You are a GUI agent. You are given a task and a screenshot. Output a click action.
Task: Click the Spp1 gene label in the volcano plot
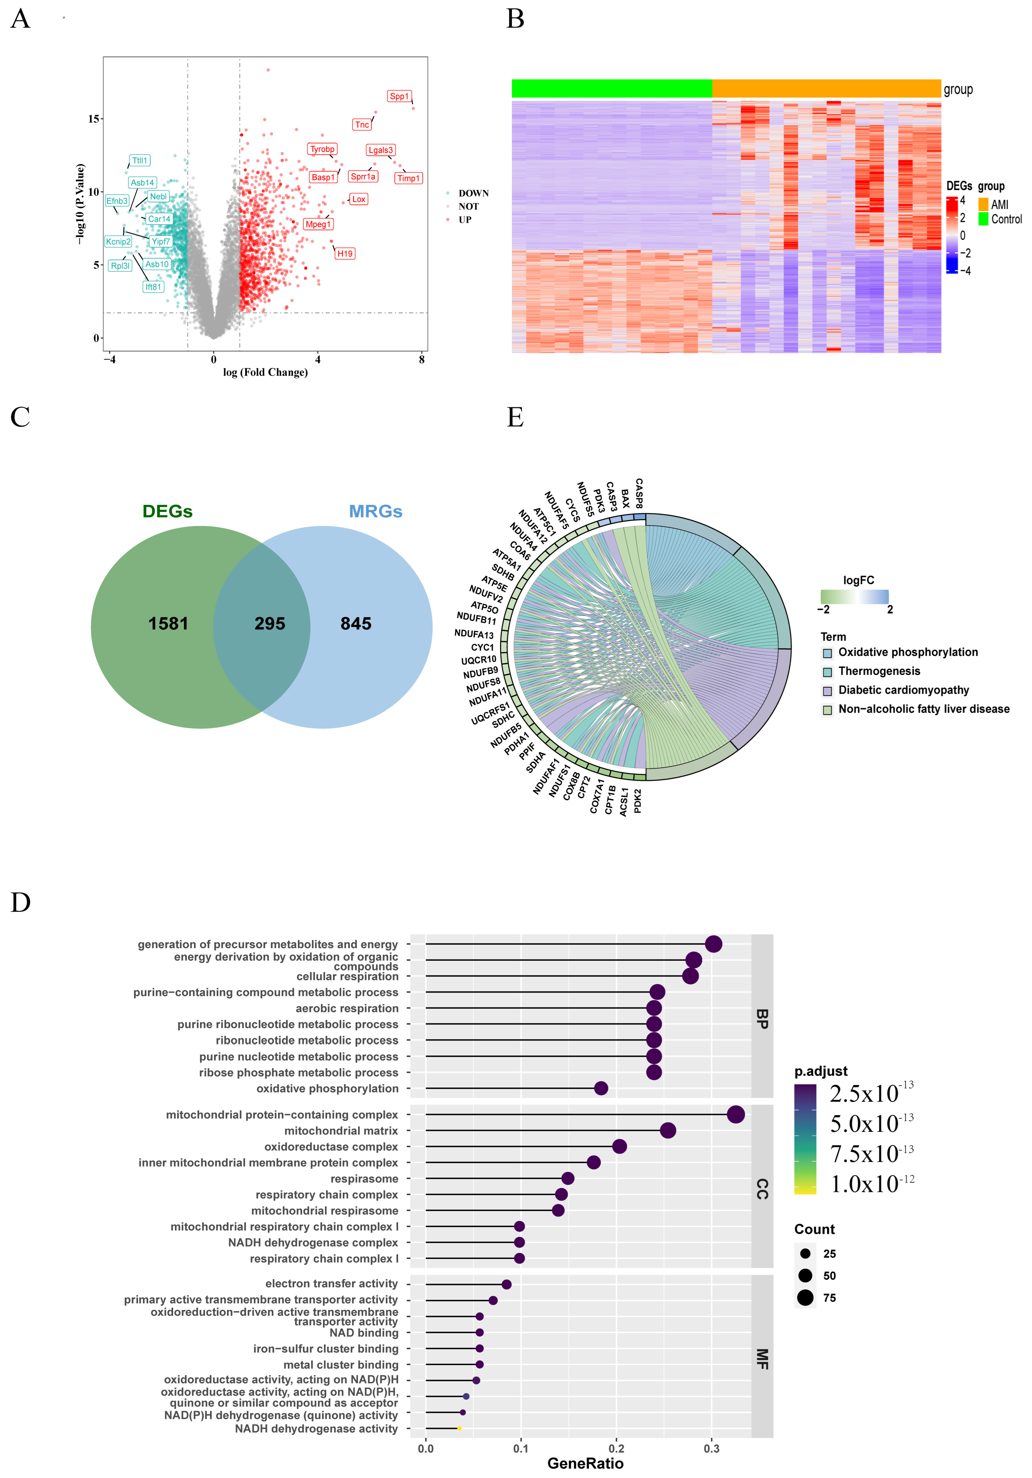tap(399, 96)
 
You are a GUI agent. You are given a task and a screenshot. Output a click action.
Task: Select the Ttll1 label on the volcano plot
tap(140, 160)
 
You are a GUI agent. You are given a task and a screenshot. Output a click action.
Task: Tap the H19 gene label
tap(345, 254)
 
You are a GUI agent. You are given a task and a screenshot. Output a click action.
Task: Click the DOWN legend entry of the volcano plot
tap(473, 193)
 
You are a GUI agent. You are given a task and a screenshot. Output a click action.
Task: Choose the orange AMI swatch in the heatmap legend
tap(983, 205)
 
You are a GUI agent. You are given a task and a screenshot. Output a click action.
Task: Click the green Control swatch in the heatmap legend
tap(983, 219)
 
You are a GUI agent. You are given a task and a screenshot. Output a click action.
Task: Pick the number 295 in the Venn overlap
tap(270, 624)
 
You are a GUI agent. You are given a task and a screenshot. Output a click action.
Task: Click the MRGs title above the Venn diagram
tap(375, 512)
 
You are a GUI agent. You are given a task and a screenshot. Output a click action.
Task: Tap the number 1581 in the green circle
tap(168, 624)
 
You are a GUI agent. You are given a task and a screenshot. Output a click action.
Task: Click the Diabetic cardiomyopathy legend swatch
tap(828, 691)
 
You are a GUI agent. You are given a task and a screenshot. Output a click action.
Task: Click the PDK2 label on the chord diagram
tap(637, 800)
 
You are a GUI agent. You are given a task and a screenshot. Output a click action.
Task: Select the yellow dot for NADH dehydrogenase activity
tap(459, 1429)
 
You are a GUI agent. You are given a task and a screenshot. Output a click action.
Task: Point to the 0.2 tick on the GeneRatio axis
tap(616, 1449)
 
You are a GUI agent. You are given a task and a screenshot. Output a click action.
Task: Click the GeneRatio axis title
tap(585, 1464)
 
